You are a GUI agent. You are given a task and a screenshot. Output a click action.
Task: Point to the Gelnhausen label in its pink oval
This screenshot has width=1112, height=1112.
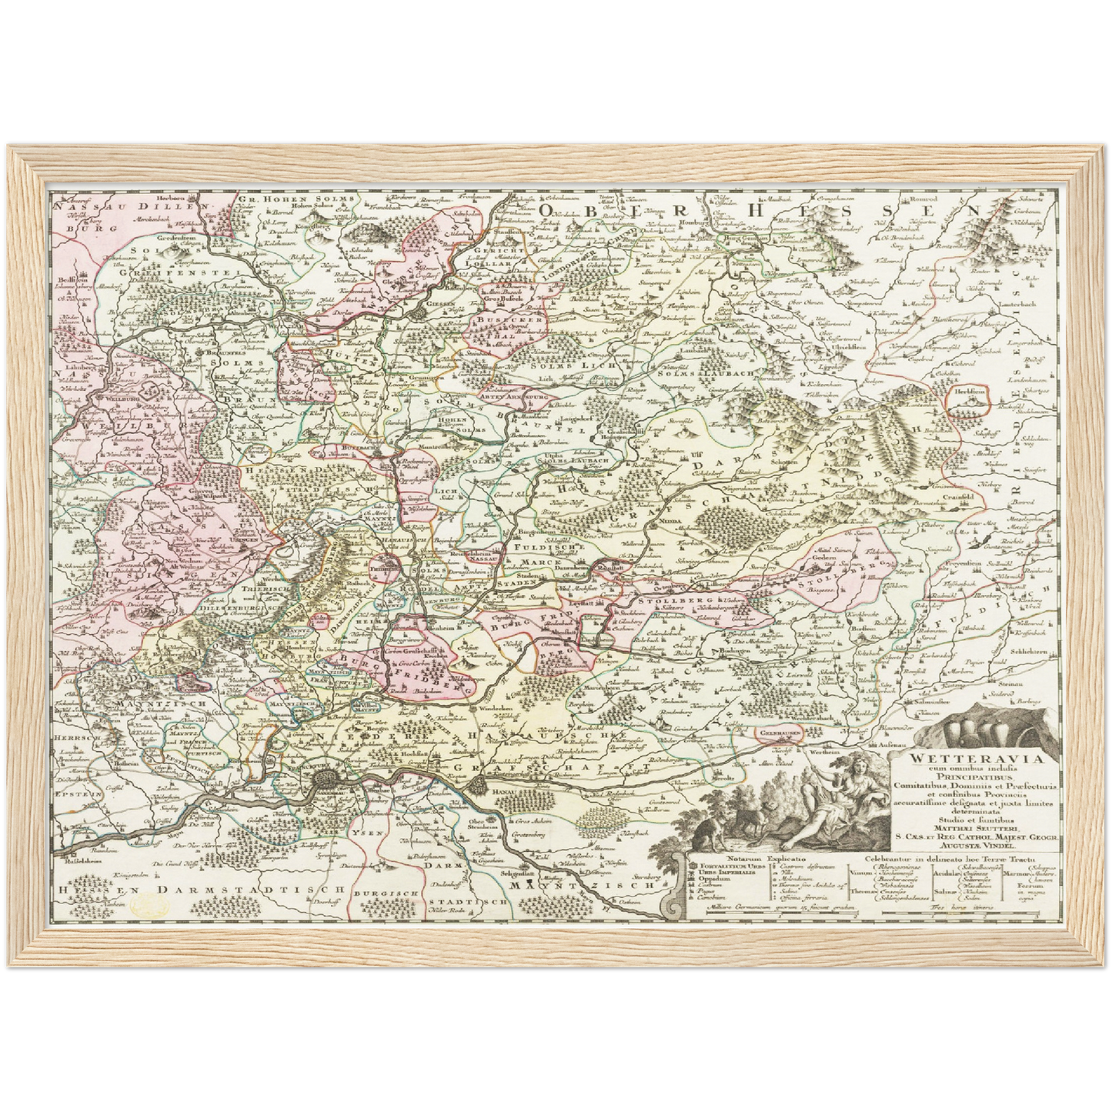pyautogui.click(x=778, y=735)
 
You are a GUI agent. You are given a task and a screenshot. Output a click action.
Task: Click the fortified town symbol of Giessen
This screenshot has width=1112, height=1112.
pyautogui.click(x=420, y=312)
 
